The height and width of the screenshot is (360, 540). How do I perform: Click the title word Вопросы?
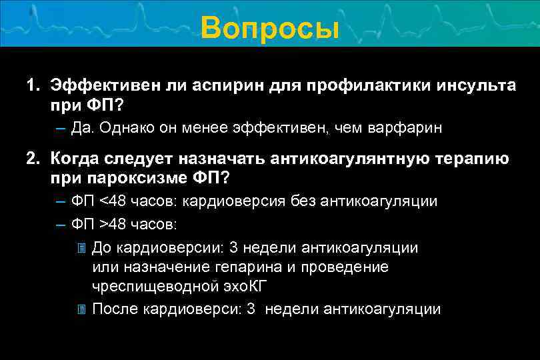[269, 29]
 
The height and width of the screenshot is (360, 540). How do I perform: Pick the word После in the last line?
[117, 309]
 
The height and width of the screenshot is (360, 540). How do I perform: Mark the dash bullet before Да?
[61, 128]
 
